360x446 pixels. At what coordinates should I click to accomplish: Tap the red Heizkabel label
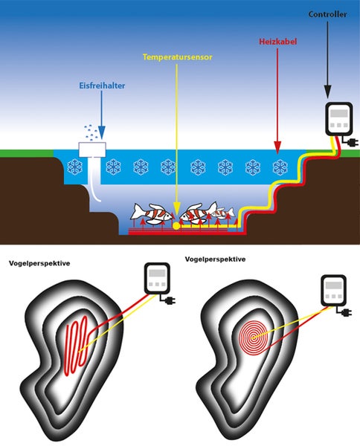coord(277,43)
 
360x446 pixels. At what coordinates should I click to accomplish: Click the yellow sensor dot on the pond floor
coord(176,224)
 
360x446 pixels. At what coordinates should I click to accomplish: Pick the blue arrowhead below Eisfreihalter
coord(101,131)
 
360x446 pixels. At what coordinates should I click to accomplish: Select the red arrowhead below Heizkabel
coord(277,144)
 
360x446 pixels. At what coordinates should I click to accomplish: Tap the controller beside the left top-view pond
coord(158,282)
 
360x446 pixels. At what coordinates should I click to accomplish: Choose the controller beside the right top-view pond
coord(333,291)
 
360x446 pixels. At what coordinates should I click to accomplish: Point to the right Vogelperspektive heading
coord(213,260)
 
